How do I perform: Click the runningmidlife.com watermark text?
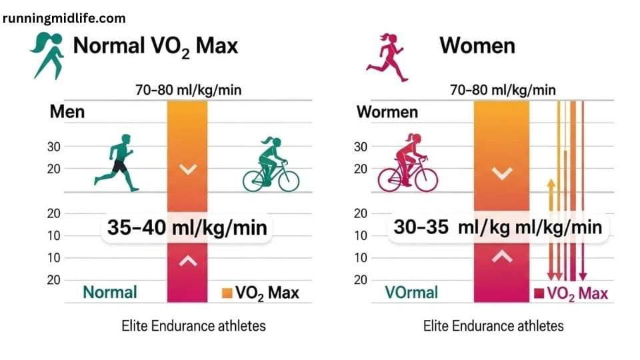[64, 18]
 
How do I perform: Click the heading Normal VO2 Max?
[155, 46]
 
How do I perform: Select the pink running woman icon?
[387, 57]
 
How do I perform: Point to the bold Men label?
[67, 111]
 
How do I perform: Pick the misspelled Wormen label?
[387, 111]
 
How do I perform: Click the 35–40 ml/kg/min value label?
[187, 227]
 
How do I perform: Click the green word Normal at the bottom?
[110, 292]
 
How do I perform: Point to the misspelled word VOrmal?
[411, 292]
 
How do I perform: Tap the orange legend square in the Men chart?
[226, 293]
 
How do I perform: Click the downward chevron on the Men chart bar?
[189, 170]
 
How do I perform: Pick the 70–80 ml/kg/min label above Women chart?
[502, 89]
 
